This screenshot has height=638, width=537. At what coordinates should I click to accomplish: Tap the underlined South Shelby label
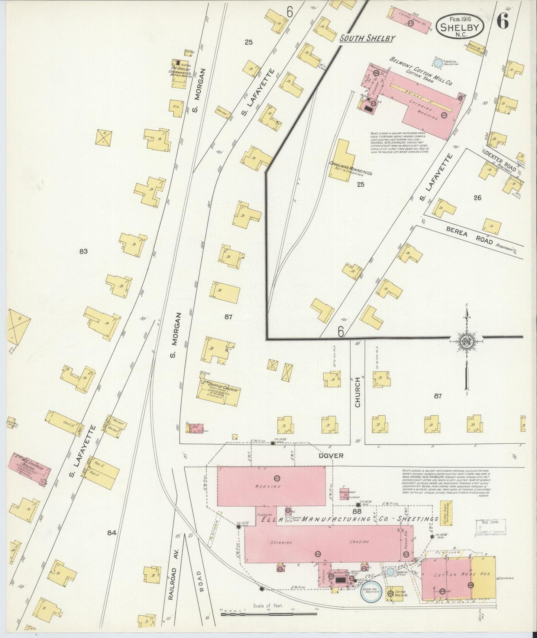point(367,38)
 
